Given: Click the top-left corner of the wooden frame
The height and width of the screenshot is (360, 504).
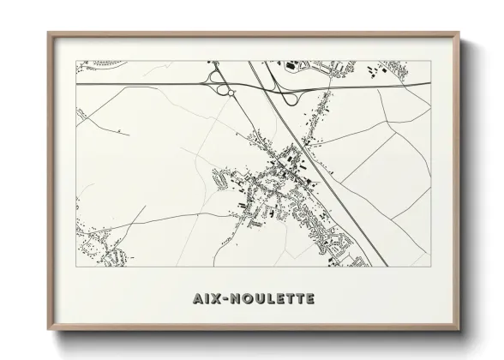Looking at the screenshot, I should pos(47,33).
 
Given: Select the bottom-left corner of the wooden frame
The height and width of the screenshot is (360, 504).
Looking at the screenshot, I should pos(47,329).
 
